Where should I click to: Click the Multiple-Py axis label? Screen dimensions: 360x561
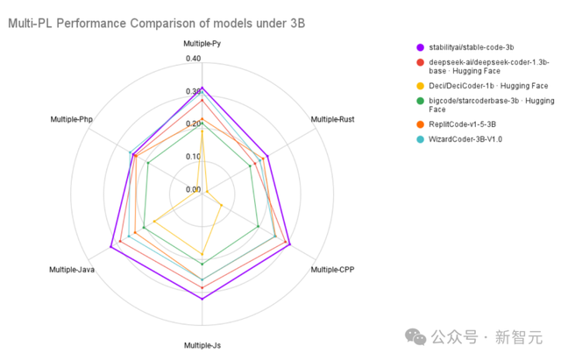pos(202,43)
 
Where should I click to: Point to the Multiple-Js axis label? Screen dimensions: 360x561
pos(202,345)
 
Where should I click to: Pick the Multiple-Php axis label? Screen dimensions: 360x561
pos(72,118)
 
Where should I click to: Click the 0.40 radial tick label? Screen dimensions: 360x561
pos(193,60)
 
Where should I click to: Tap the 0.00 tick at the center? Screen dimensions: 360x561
pos(193,189)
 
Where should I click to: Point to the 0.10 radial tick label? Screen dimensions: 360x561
pos(193,157)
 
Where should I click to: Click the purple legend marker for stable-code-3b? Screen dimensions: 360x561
pos(421,47)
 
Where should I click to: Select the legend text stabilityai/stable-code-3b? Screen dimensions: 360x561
pos(480,47)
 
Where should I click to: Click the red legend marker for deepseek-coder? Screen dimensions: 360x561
pos(421,62)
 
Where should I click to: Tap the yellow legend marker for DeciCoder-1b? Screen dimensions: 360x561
pos(421,86)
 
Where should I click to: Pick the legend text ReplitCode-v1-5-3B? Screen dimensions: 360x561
pos(469,124)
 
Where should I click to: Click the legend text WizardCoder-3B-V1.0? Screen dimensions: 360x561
pos(472,138)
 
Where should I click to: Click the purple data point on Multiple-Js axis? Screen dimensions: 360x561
pos(202,300)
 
